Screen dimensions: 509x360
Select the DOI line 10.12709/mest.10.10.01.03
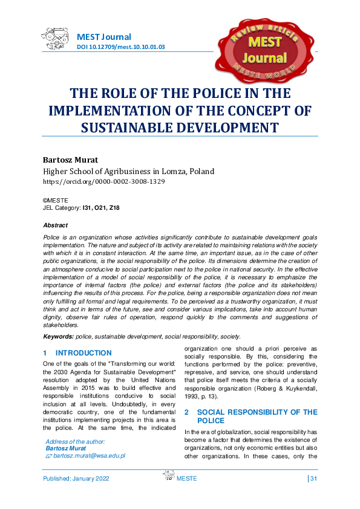click(121, 47)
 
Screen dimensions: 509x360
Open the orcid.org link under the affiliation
click(103, 181)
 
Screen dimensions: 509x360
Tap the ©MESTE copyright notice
click(55, 200)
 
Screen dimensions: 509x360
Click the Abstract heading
click(55, 225)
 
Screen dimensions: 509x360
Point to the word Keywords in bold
click(57, 336)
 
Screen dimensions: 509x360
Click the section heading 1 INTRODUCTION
click(77, 353)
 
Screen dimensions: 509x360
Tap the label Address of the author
click(76, 442)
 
